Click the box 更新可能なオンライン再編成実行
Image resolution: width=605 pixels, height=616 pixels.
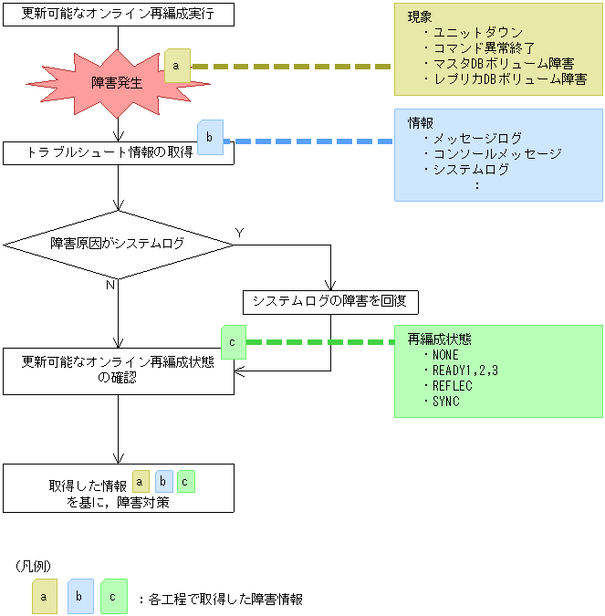[119, 15]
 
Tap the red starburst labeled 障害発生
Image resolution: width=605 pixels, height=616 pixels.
[118, 81]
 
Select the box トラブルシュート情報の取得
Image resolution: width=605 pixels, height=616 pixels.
[119, 152]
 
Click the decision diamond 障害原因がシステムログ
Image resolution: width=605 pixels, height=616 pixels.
[119, 244]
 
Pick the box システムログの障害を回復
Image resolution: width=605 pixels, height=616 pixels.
[329, 300]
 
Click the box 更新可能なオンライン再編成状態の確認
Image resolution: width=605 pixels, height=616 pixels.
[119, 371]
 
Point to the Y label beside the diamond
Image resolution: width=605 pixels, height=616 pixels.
[240, 233]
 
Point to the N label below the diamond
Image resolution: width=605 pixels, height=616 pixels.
[110, 285]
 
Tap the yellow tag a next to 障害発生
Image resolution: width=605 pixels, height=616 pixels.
[177, 67]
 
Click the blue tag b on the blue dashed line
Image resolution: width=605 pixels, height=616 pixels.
[210, 138]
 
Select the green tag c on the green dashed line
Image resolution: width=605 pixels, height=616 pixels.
[234, 342]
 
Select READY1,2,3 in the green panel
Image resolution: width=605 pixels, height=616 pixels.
[465, 371]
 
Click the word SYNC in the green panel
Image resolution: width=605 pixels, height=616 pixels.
[446, 402]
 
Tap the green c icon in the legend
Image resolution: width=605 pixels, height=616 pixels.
[113, 596]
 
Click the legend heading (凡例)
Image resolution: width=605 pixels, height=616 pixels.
[32, 566]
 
